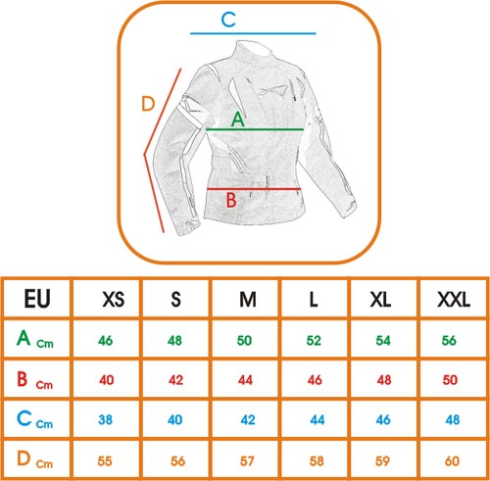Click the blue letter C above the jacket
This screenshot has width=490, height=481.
tap(228, 20)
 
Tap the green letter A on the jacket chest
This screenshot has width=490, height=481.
tap(238, 120)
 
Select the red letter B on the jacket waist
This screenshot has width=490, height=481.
tap(231, 200)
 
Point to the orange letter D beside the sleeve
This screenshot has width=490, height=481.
tap(148, 104)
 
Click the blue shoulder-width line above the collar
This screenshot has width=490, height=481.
tap(253, 33)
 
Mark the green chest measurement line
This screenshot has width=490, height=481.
tap(255, 129)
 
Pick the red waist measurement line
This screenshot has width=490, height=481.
tap(254, 189)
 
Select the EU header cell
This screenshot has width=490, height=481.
tap(37, 299)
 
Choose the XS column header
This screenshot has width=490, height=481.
tap(114, 299)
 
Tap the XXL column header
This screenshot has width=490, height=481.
tap(454, 299)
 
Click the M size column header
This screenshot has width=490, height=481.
tap(248, 299)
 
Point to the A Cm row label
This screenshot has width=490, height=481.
tap(34, 339)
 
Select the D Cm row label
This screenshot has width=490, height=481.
tap(34, 459)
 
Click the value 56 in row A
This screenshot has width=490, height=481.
tap(449, 340)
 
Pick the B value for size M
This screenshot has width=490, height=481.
tap(245, 380)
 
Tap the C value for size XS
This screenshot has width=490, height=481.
tap(105, 419)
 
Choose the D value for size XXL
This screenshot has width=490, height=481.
tap(452, 461)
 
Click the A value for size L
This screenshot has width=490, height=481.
tap(314, 340)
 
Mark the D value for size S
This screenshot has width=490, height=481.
tap(177, 461)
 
